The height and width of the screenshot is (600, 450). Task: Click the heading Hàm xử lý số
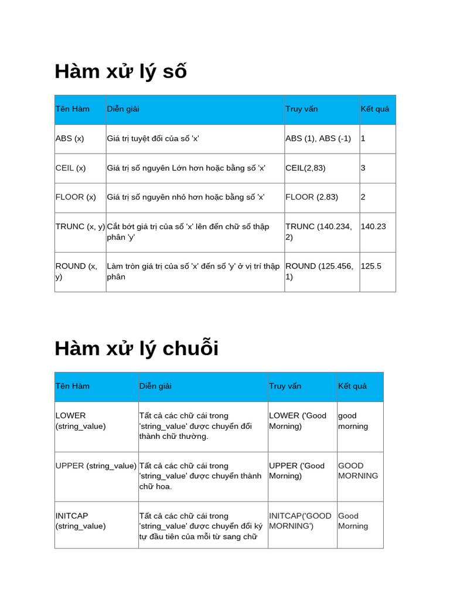[x=121, y=71]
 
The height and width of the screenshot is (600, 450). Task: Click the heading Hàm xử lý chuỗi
[x=137, y=348]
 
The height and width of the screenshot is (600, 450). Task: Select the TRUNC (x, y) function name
[x=80, y=227]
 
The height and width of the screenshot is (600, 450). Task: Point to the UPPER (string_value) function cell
[x=96, y=466]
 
